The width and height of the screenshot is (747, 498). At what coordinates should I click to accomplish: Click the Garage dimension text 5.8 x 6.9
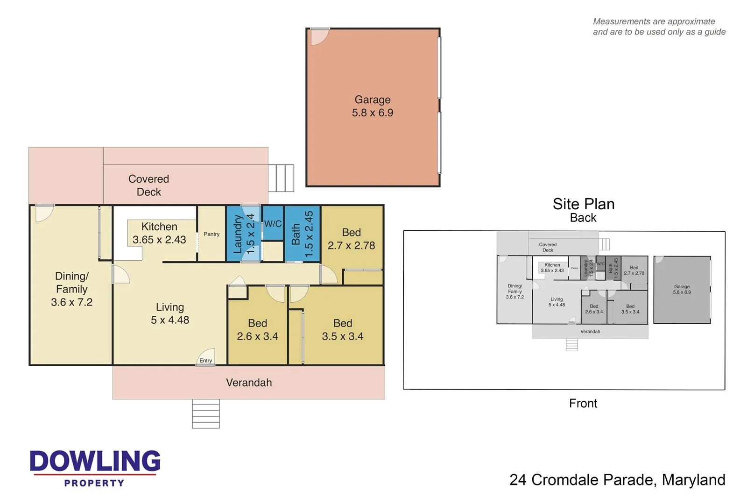point(372,113)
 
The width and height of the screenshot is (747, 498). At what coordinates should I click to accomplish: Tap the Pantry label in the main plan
point(211,234)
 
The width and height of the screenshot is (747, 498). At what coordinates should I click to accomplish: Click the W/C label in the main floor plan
point(273,224)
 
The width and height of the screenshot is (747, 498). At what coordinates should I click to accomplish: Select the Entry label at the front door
point(205,361)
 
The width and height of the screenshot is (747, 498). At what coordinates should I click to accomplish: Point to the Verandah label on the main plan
point(249,383)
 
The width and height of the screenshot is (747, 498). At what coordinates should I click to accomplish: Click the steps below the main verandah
point(206,414)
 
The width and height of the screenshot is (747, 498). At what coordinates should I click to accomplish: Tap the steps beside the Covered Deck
point(282,178)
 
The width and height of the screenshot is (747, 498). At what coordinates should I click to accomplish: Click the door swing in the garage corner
point(319,36)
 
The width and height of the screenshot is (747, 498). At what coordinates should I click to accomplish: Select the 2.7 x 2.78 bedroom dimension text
point(351,246)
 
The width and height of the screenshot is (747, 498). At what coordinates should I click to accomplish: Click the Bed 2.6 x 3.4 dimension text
point(257,336)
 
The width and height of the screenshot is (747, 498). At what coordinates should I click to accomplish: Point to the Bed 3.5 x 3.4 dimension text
point(342,336)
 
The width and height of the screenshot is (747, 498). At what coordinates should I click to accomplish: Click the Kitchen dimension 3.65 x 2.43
point(159,240)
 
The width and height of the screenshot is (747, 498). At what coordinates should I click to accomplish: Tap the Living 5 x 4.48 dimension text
point(170,320)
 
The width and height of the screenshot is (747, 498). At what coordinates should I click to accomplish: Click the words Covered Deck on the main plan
point(148,185)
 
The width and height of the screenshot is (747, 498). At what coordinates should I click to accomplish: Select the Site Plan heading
point(583,204)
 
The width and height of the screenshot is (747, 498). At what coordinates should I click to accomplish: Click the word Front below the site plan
point(583,403)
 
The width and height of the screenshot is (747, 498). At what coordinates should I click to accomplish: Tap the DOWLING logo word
point(95,461)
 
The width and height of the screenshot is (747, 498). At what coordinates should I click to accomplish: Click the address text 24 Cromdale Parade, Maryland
point(617,480)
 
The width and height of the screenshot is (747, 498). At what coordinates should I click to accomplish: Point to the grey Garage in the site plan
point(682,290)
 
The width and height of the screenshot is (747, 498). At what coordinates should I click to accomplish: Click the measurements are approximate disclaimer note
point(659,27)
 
